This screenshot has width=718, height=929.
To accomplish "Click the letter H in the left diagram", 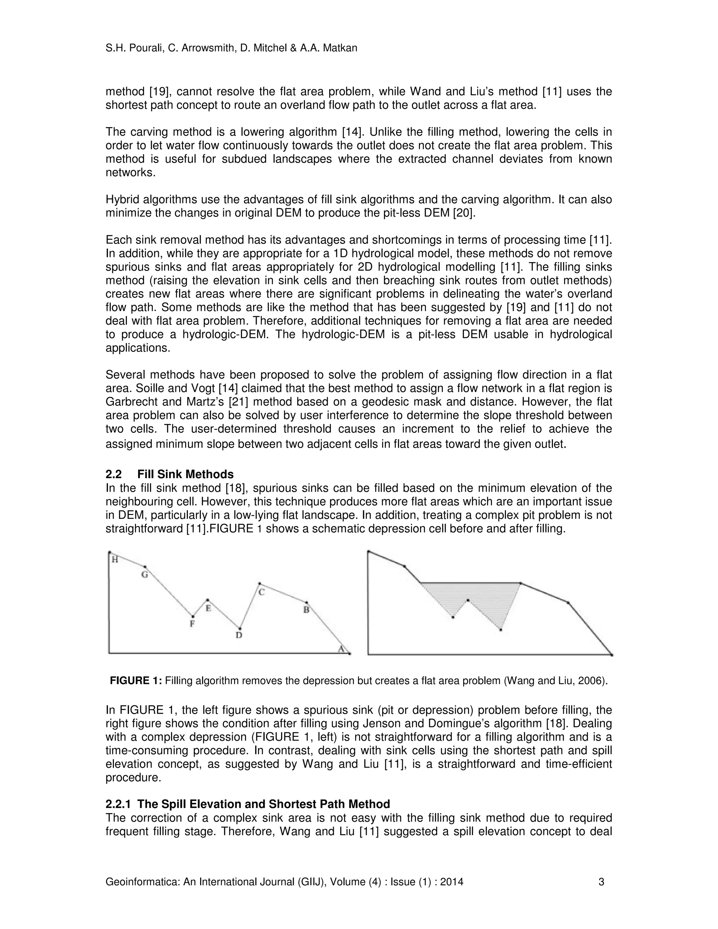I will pyautogui.click(x=114, y=560).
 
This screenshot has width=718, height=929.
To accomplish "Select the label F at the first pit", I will pyautogui.click(x=192, y=624).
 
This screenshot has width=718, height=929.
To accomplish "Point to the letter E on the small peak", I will pyautogui.click(x=209, y=608).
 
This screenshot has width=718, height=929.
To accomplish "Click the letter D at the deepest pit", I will pyautogui.click(x=239, y=636).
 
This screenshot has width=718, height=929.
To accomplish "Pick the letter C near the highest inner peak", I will pyautogui.click(x=262, y=592).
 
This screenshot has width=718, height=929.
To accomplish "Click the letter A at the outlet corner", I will pyautogui.click(x=341, y=649).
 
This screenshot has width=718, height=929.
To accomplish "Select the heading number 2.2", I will pyautogui.click(x=113, y=474).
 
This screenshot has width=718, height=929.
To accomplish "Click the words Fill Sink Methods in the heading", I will pyautogui.click(x=185, y=474).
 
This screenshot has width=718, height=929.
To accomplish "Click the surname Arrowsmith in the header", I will pyautogui.click(x=204, y=48).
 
